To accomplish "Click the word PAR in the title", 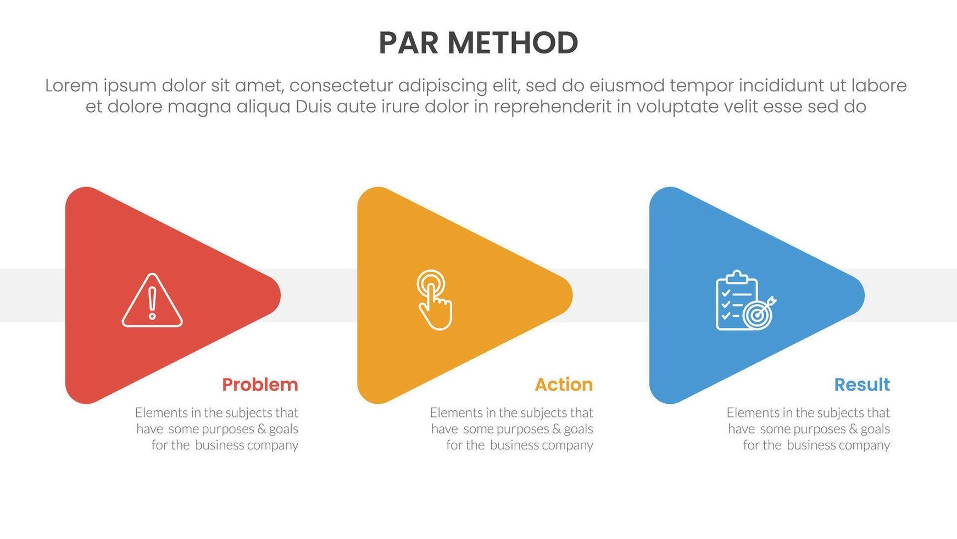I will (x=408, y=43).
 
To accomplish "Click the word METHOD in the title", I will (x=512, y=43).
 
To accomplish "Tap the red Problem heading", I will (x=260, y=384).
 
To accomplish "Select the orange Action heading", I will (x=564, y=384).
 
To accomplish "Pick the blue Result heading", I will (x=861, y=384).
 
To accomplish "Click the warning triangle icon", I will (x=152, y=301).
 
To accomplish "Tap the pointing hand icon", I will (x=434, y=300).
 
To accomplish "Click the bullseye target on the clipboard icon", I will (x=757, y=315).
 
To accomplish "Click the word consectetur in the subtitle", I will (x=341, y=86).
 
